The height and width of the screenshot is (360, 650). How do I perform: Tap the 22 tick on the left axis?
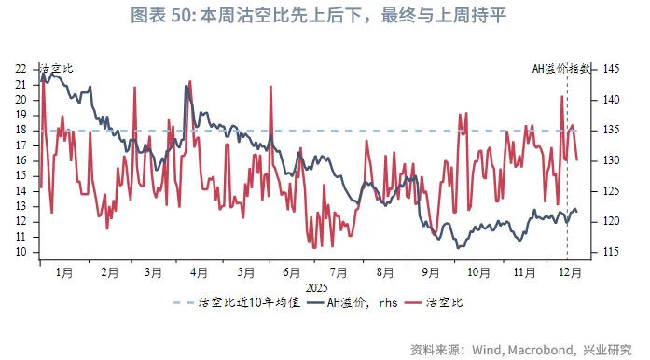[x=21, y=69]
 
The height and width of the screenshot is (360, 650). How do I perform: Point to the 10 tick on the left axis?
[x=21, y=252]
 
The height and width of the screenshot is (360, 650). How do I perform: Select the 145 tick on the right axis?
[x=612, y=69]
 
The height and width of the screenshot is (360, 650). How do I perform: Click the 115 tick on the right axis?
[x=612, y=252]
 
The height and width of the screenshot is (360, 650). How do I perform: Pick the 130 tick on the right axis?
[x=612, y=160]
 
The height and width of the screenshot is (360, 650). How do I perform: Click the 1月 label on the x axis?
[x=64, y=272]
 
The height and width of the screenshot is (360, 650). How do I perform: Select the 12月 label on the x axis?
[x=569, y=272]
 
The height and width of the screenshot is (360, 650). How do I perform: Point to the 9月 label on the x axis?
[x=431, y=272]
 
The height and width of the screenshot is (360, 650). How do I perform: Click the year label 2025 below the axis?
[x=316, y=286]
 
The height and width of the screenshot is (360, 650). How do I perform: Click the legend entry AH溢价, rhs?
[x=359, y=304]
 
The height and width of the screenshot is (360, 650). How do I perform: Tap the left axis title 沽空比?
[x=56, y=69]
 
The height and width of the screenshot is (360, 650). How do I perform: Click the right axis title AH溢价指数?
[x=561, y=69]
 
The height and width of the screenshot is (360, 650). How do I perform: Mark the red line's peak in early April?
[x=190, y=81]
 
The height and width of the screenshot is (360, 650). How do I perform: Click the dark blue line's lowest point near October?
[x=458, y=247]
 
